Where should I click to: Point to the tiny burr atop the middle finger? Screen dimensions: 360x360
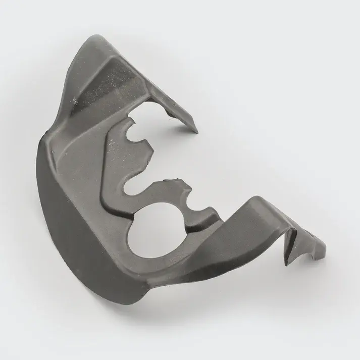(x=178, y=178)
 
